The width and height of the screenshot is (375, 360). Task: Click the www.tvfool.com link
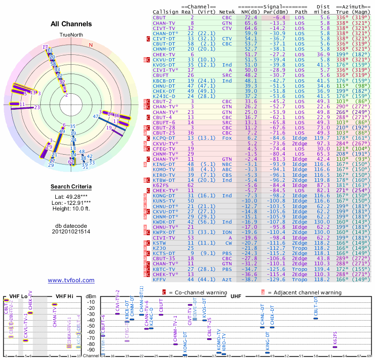click(71, 280)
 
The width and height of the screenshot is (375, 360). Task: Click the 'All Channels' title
click(71, 24)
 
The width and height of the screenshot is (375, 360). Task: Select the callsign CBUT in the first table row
click(159, 17)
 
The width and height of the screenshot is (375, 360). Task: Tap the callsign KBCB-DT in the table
click(164, 80)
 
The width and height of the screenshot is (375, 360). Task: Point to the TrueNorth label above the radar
click(71, 35)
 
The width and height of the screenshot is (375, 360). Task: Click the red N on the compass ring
click(91, 45)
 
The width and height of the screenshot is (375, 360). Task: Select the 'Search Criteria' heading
click(71, 187)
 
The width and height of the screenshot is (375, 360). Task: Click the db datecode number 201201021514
click(71, 232)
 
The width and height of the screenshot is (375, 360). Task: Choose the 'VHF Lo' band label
click(18, 296)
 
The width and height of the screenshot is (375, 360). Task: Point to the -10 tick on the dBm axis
click(91, 302)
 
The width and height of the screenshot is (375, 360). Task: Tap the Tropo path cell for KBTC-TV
click(301, 269)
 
